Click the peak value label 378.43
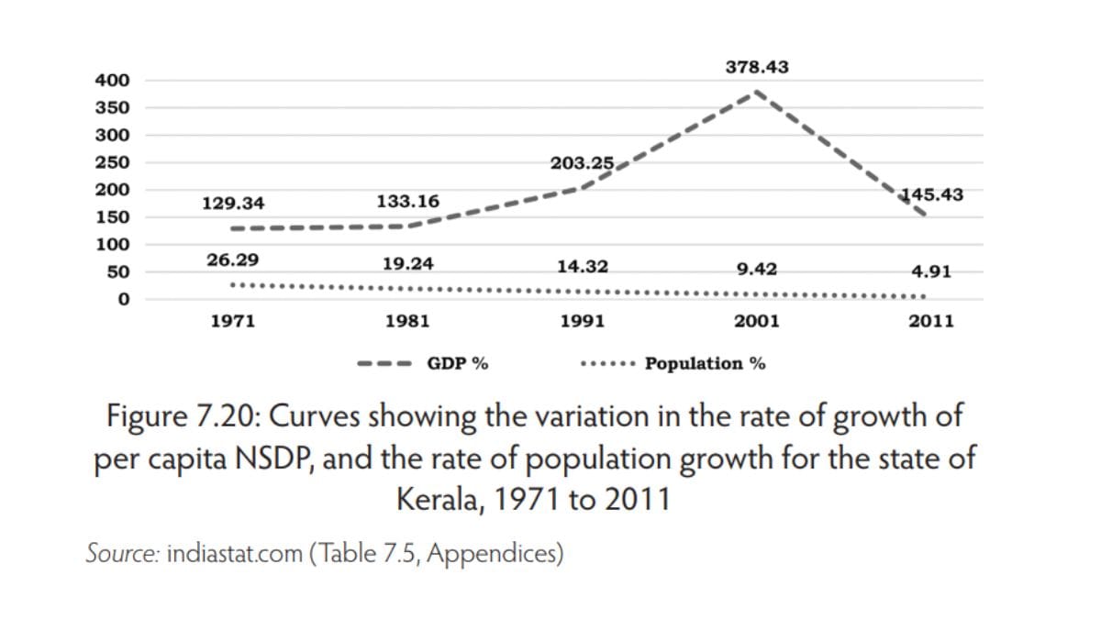757,67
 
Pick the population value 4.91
931,271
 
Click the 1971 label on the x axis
232,322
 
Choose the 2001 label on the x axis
757,322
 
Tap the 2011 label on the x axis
931,322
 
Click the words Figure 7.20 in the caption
183,417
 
